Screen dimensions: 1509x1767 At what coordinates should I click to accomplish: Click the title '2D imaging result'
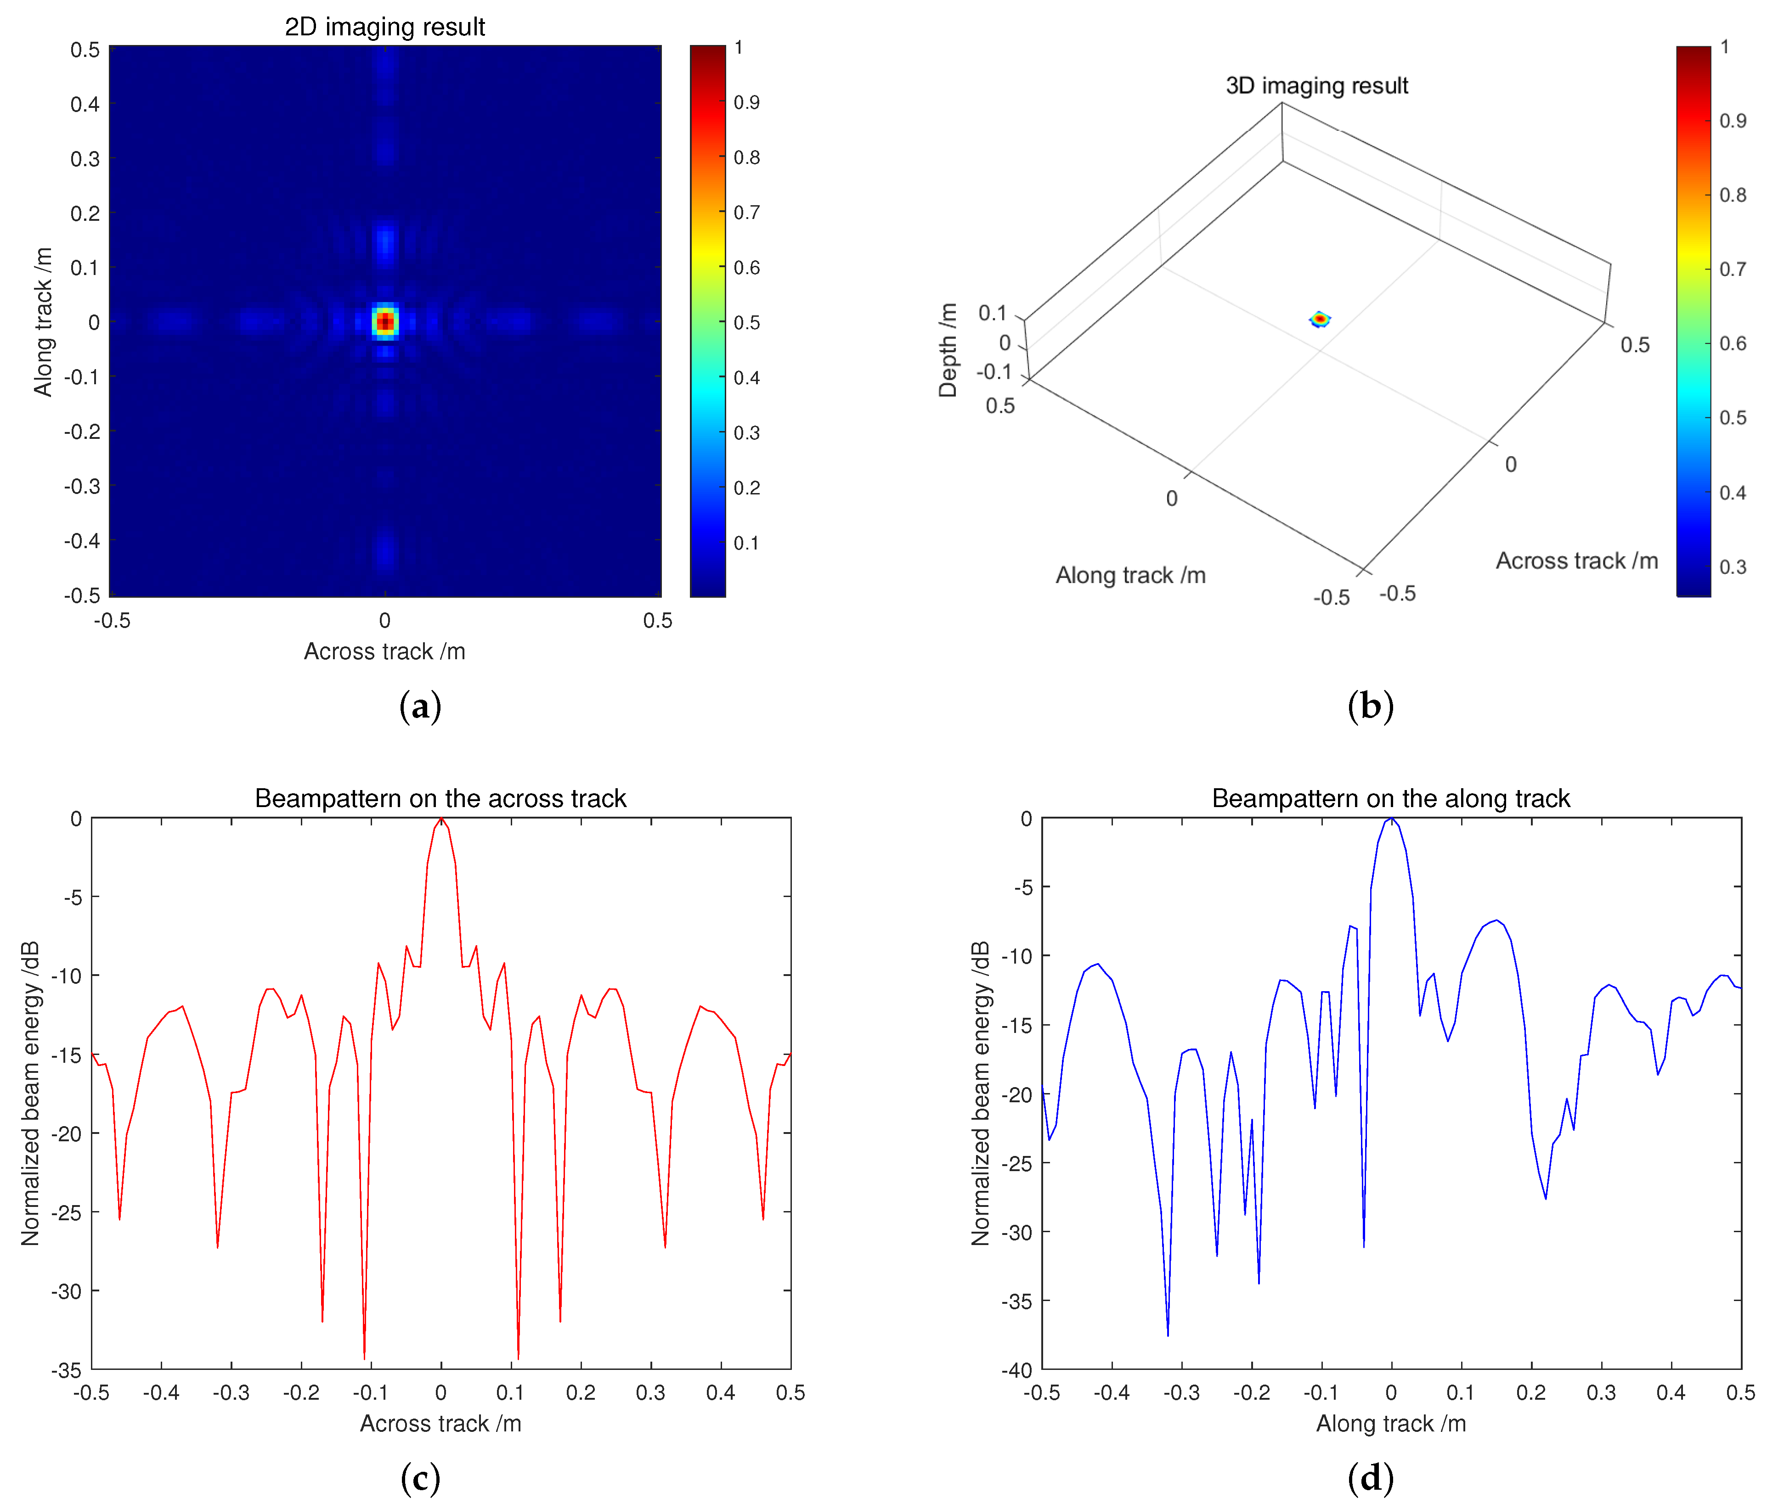pos(384,27)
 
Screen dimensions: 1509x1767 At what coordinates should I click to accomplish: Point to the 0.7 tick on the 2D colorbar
pos(746,212)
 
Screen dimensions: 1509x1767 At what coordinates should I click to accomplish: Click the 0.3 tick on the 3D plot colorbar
pos(1732,567)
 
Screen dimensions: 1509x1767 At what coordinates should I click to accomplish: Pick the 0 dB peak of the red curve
pos(441,819)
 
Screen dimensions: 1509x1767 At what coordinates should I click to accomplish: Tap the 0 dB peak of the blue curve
pos(1391,819)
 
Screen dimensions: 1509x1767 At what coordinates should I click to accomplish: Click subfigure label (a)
pos(420,707)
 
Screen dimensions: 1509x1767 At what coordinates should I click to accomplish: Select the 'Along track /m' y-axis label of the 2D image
pos(43,322)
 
